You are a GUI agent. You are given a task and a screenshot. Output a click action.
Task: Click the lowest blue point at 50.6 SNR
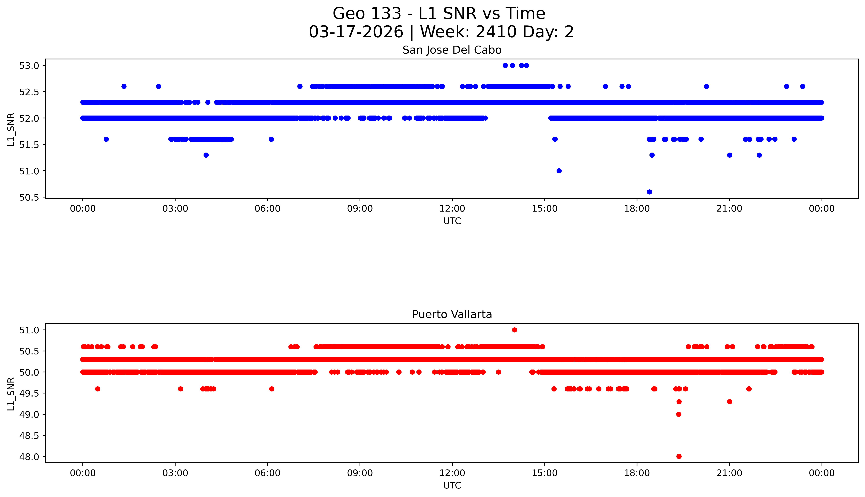click(x=649, y=192)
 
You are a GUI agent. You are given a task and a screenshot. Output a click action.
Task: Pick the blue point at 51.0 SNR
click(x=559, y=171)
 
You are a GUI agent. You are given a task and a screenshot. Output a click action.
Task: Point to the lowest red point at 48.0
click(x=679, y=456)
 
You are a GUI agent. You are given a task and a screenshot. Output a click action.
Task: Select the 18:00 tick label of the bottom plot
click(x=637, y=473)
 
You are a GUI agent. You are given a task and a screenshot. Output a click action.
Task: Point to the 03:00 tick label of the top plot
click(x=175, y=209)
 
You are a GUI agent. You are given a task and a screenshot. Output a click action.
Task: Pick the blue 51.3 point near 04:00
click(x=206, y=155)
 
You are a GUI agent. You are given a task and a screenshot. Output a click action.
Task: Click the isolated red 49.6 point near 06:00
click(x=271, y=389)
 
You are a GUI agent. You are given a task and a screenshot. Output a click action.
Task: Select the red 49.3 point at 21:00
click(x=729, y=401)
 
